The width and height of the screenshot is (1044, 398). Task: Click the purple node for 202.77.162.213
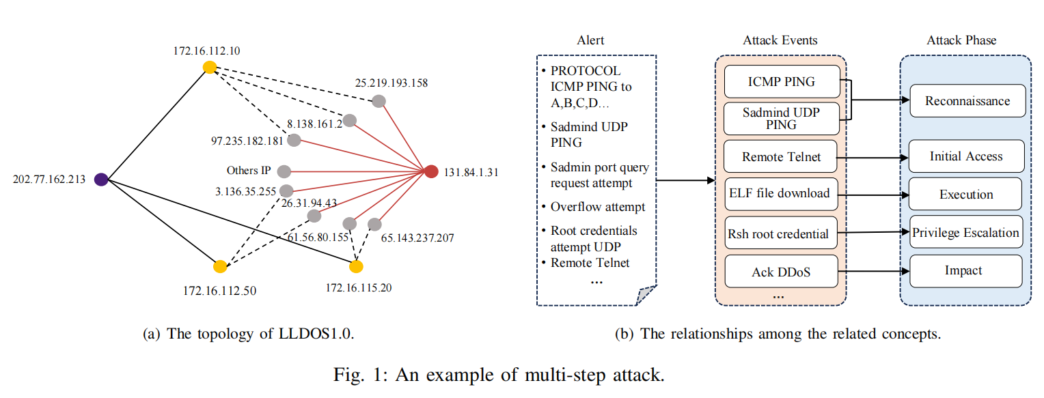pyautogui.click(x=101, y=180)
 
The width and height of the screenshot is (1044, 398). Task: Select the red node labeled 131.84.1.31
pyautogui.click(x=431, y=171)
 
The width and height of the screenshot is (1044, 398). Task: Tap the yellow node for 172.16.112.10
pyautogui.click(x=210, y=67)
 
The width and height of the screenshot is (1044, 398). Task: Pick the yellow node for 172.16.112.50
pyautogui.click(x=220, y=266)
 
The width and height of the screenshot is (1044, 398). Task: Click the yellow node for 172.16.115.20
pyautogui.click(x=356, y=266)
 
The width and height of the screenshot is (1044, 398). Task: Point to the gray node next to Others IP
pyautogui.click(x=284, y=171)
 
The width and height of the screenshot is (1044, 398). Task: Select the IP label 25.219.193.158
pyautogui.click(x=391, y=83)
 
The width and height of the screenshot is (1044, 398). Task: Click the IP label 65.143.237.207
pyautogui.click(x=417, y=238)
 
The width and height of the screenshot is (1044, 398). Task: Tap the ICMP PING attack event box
pyautogui.click(x=780, y=82)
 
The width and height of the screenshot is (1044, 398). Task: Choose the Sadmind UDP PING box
pyautogui.click(x=780, y=119)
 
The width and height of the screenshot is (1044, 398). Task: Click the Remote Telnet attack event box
pyautogui.click(x=780, y=158)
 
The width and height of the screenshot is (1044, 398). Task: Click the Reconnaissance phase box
pyautogui.click(x=967, y=101)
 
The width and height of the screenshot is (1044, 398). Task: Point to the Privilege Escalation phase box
pyautogui.click(x=965, y=233)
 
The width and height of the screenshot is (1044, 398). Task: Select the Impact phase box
pyautogui.click(x=965, y=270)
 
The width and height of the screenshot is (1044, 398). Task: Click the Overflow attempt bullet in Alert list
pyautogui.click(x=598, y=206)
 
